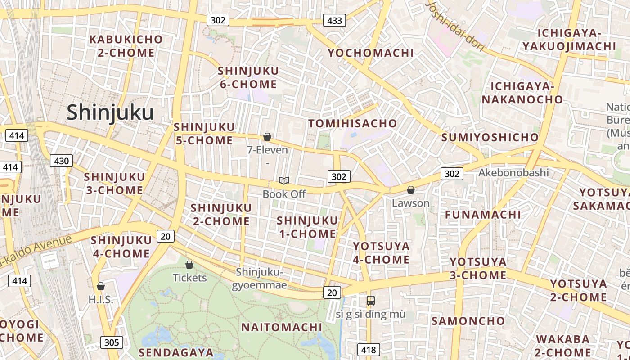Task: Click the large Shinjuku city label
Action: pos(110,112)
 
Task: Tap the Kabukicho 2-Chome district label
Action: pos(126,46)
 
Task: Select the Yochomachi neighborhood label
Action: pos(370,53)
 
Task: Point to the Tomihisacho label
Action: pos(352,123)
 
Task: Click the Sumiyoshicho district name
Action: pos(490,137)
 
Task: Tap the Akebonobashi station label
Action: pos(513,173)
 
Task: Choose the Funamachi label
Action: pos(483,214)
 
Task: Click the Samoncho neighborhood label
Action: pos(468,321)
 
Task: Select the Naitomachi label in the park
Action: pos(282,327)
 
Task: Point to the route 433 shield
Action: pos(334,20)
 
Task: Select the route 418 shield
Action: pos(369,350)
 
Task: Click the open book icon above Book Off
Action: pos(283,181)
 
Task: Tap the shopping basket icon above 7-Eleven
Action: pos(267,137)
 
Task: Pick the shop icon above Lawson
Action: pos(410,190)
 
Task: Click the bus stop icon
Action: pos(370,301)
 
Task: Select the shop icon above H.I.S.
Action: pos(101,286)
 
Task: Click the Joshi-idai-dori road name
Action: pos(455,25)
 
